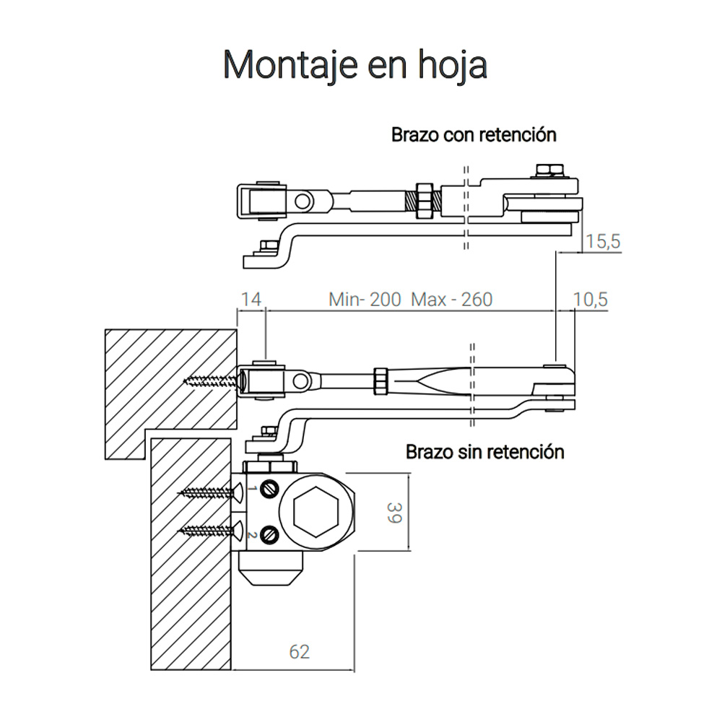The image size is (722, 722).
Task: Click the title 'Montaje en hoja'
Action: [x=355, y=66]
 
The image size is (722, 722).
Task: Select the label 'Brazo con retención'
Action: [x=474, y=135]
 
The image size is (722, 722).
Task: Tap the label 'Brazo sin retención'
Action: [x=485, y=452]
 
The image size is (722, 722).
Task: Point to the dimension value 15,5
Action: [x=603, y=241]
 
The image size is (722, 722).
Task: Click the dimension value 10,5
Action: [x=591, y=300]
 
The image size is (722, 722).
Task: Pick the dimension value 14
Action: [x=251, y=300]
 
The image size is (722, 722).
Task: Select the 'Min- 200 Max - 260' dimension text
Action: [x=411, y=300]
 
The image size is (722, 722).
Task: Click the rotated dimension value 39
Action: [x=395, y=513]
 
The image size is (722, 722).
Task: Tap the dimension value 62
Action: [x=300, y=651]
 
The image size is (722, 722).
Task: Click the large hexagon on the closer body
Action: [x=316, y=511]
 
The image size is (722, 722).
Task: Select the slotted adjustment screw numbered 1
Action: [x=269, y=489]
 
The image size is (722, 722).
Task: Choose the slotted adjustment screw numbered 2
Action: [x=269, y=535]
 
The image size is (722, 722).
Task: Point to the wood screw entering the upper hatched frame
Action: [x=212, y=380]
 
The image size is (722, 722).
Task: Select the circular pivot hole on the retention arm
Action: [x=303, y=201]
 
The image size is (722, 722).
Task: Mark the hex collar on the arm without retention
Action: [x=380, y=380]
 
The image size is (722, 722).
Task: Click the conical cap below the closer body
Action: [x=271, y=568]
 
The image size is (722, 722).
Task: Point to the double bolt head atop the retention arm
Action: [x=549, y=170]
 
